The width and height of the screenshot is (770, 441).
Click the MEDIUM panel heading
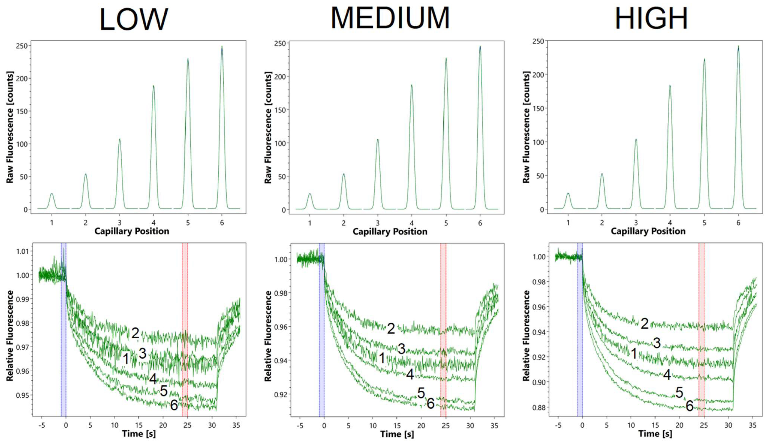click(x=390, y=18)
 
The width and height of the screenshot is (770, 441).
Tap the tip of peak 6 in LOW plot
click(x=222, y=47)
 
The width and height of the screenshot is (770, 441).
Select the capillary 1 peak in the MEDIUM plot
click(x=310, y=194)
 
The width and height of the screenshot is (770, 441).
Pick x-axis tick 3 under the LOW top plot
click(x=120, y=223)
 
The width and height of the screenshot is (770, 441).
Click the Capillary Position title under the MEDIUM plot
click(x=390, y=232)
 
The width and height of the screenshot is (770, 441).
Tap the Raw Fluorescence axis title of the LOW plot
click(x=10, y=127)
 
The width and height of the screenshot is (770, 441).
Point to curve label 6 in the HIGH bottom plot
click(x=689, y=406)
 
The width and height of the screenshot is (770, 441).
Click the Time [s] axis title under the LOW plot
click(x=139, y=434)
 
